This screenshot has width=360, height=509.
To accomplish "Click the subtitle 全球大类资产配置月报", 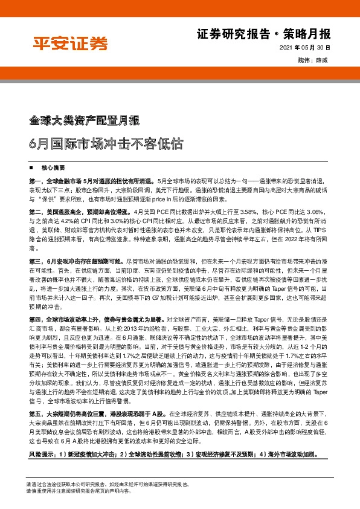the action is (85, 119).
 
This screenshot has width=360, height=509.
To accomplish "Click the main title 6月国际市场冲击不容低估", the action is (102, 145).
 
